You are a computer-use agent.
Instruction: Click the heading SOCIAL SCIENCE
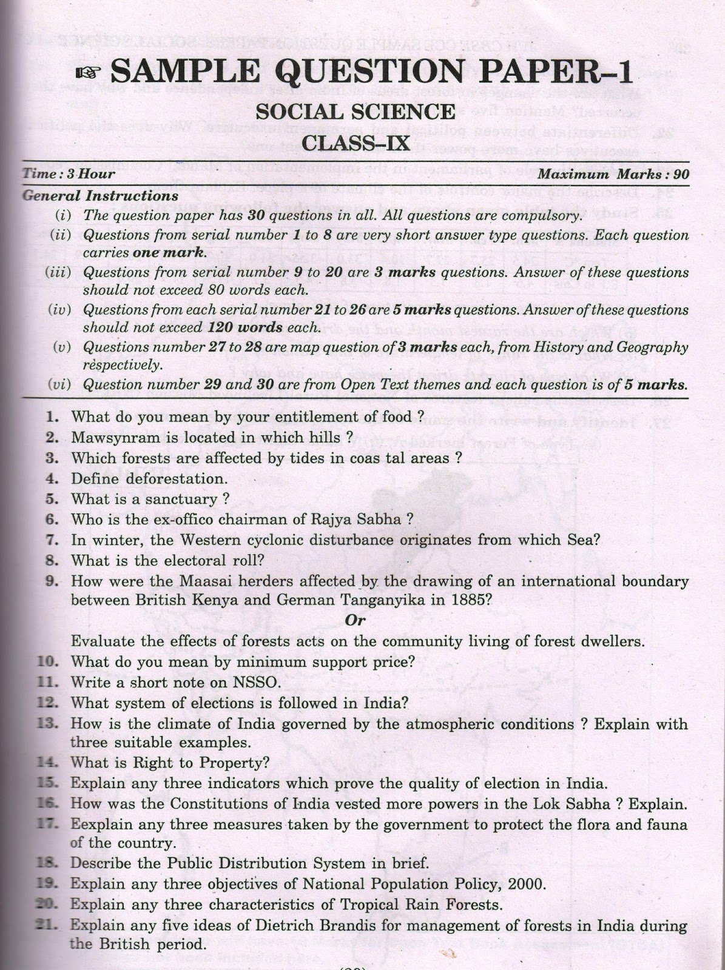tap(355, 112)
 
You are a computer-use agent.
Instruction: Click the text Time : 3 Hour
tap(69, 174)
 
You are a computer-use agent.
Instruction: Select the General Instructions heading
tap(100, 196)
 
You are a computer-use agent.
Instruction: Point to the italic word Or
tap(355, 620)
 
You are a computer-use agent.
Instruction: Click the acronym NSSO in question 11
tap(254, 683)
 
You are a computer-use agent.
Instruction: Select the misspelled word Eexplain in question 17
tap(99, 824)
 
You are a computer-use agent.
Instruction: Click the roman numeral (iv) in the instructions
tap(59, 310)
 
